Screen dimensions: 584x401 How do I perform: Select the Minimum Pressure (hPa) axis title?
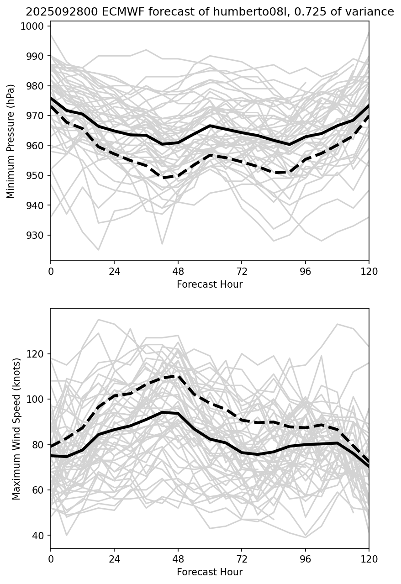[11, 141]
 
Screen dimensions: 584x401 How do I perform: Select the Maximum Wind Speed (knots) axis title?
[16, 429]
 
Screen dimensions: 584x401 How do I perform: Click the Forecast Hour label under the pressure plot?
[210, 284]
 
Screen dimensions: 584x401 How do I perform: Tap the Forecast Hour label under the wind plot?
[210, 572]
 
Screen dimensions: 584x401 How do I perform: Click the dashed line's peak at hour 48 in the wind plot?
[178, 376]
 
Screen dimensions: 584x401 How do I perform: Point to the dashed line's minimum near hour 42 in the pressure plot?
[162, 178]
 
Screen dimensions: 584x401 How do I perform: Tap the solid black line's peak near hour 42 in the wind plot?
[162, 412]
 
